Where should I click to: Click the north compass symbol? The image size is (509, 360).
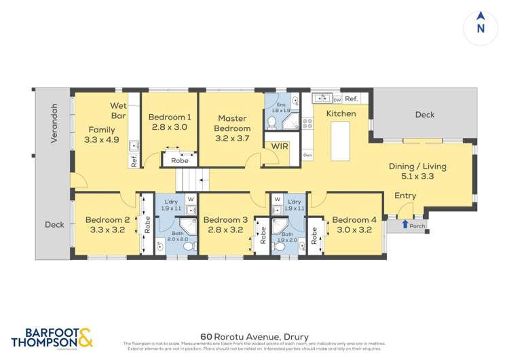click(x=480, y=26)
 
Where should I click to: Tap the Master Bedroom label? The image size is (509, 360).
click(x=231, y=123)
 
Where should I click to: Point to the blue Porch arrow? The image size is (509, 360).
click(x=404, y=223)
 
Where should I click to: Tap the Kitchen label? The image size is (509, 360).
click(x=341, y=113)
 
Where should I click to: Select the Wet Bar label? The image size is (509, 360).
click(x=119, y=111)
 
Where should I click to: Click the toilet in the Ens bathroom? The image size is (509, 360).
click(x=271, y=123)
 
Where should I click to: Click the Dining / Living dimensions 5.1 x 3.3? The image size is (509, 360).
click(x=411, y=175)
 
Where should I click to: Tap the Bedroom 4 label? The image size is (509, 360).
click(x=354, y=219)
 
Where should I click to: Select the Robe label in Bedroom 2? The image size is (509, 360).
click(x=147, y=225)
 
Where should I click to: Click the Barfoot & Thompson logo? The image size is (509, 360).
click(x=50, y=338)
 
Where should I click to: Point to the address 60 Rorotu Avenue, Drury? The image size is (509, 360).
click(x=254, y=336)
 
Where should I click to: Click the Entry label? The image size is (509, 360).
click(x=405, y=196)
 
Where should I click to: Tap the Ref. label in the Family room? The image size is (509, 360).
click(x=134, y=162)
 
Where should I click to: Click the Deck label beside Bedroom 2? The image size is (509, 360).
click(x=54, y=224)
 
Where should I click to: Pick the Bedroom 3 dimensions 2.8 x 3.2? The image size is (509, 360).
click(x=225, y=230)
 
